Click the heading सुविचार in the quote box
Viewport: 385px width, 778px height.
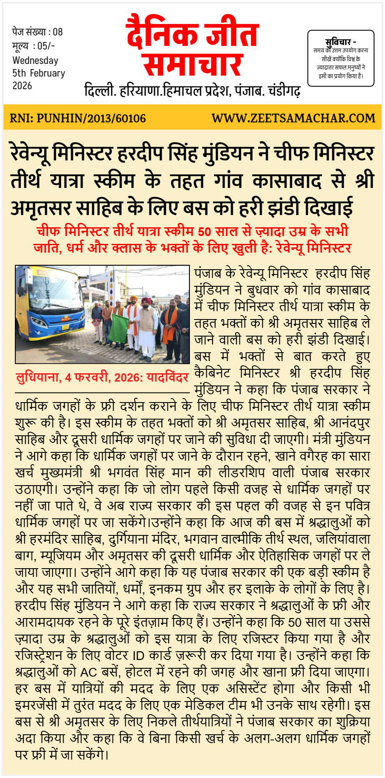[x=338, y=42]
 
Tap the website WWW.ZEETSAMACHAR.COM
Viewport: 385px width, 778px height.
[x=293, y=118]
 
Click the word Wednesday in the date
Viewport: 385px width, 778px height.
[x=35, y=60]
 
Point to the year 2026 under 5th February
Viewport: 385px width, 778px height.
[x=22, y=86]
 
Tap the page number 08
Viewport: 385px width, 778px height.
[x=58, y=32]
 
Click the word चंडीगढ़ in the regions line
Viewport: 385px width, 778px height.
[x=284, y=91]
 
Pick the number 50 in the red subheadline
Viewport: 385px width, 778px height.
[x=204, y=231]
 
